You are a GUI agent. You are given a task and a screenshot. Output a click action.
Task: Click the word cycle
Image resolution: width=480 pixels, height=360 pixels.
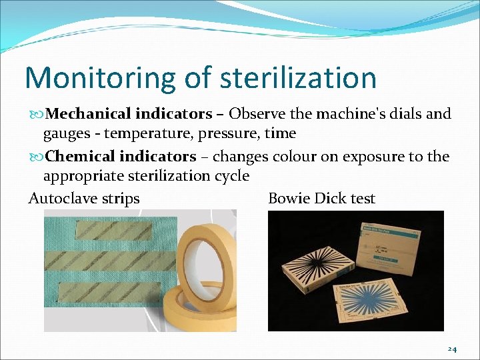(231, 176)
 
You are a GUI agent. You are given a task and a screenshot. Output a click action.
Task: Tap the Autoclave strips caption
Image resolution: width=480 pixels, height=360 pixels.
(84, 199)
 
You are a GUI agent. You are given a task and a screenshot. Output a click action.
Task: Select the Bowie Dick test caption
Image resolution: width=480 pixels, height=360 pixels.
(321, 199)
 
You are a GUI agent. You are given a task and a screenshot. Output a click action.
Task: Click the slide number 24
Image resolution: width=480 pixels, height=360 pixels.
(451, 349)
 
